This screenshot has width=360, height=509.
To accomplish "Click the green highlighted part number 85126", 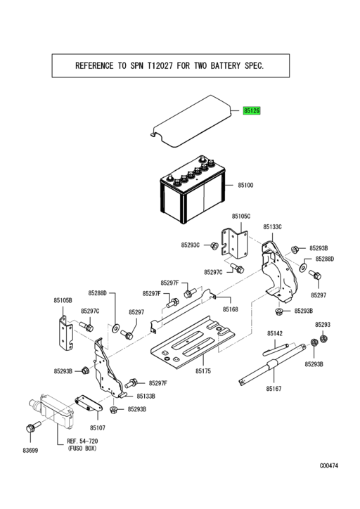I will click(252, 111).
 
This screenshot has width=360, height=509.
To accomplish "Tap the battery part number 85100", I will click(245, 184).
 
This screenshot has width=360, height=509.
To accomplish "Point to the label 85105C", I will click(241, 217).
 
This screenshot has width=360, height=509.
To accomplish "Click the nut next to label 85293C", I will click(213, 245).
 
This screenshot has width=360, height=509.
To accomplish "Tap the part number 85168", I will click(231, 309).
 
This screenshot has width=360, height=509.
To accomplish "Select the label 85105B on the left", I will click(63, 300).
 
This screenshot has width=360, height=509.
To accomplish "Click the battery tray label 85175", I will click(204, 371).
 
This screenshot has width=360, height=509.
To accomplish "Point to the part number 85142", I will click(275, 333).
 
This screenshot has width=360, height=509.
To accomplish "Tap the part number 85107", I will click(97, 427).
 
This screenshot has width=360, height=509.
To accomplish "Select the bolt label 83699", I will click(30, 449).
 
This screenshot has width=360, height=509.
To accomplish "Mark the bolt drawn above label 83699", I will click(30, 428).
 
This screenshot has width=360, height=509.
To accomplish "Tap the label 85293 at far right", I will click(322, 325).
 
